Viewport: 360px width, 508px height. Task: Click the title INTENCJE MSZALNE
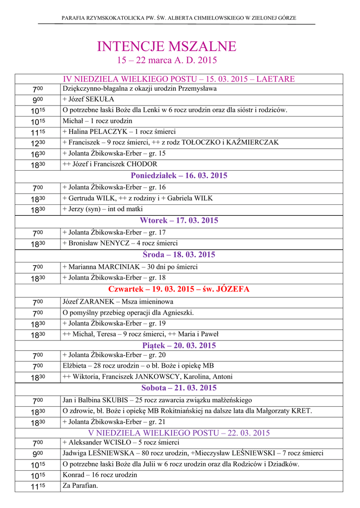[167, 47]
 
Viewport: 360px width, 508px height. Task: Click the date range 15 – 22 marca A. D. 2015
[167, 61]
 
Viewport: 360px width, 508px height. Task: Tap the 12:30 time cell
[38, 143]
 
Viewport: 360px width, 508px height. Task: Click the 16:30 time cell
[38, 154]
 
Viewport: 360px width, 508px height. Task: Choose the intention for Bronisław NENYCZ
[120, 243]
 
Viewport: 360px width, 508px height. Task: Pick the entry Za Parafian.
[80, 486]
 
